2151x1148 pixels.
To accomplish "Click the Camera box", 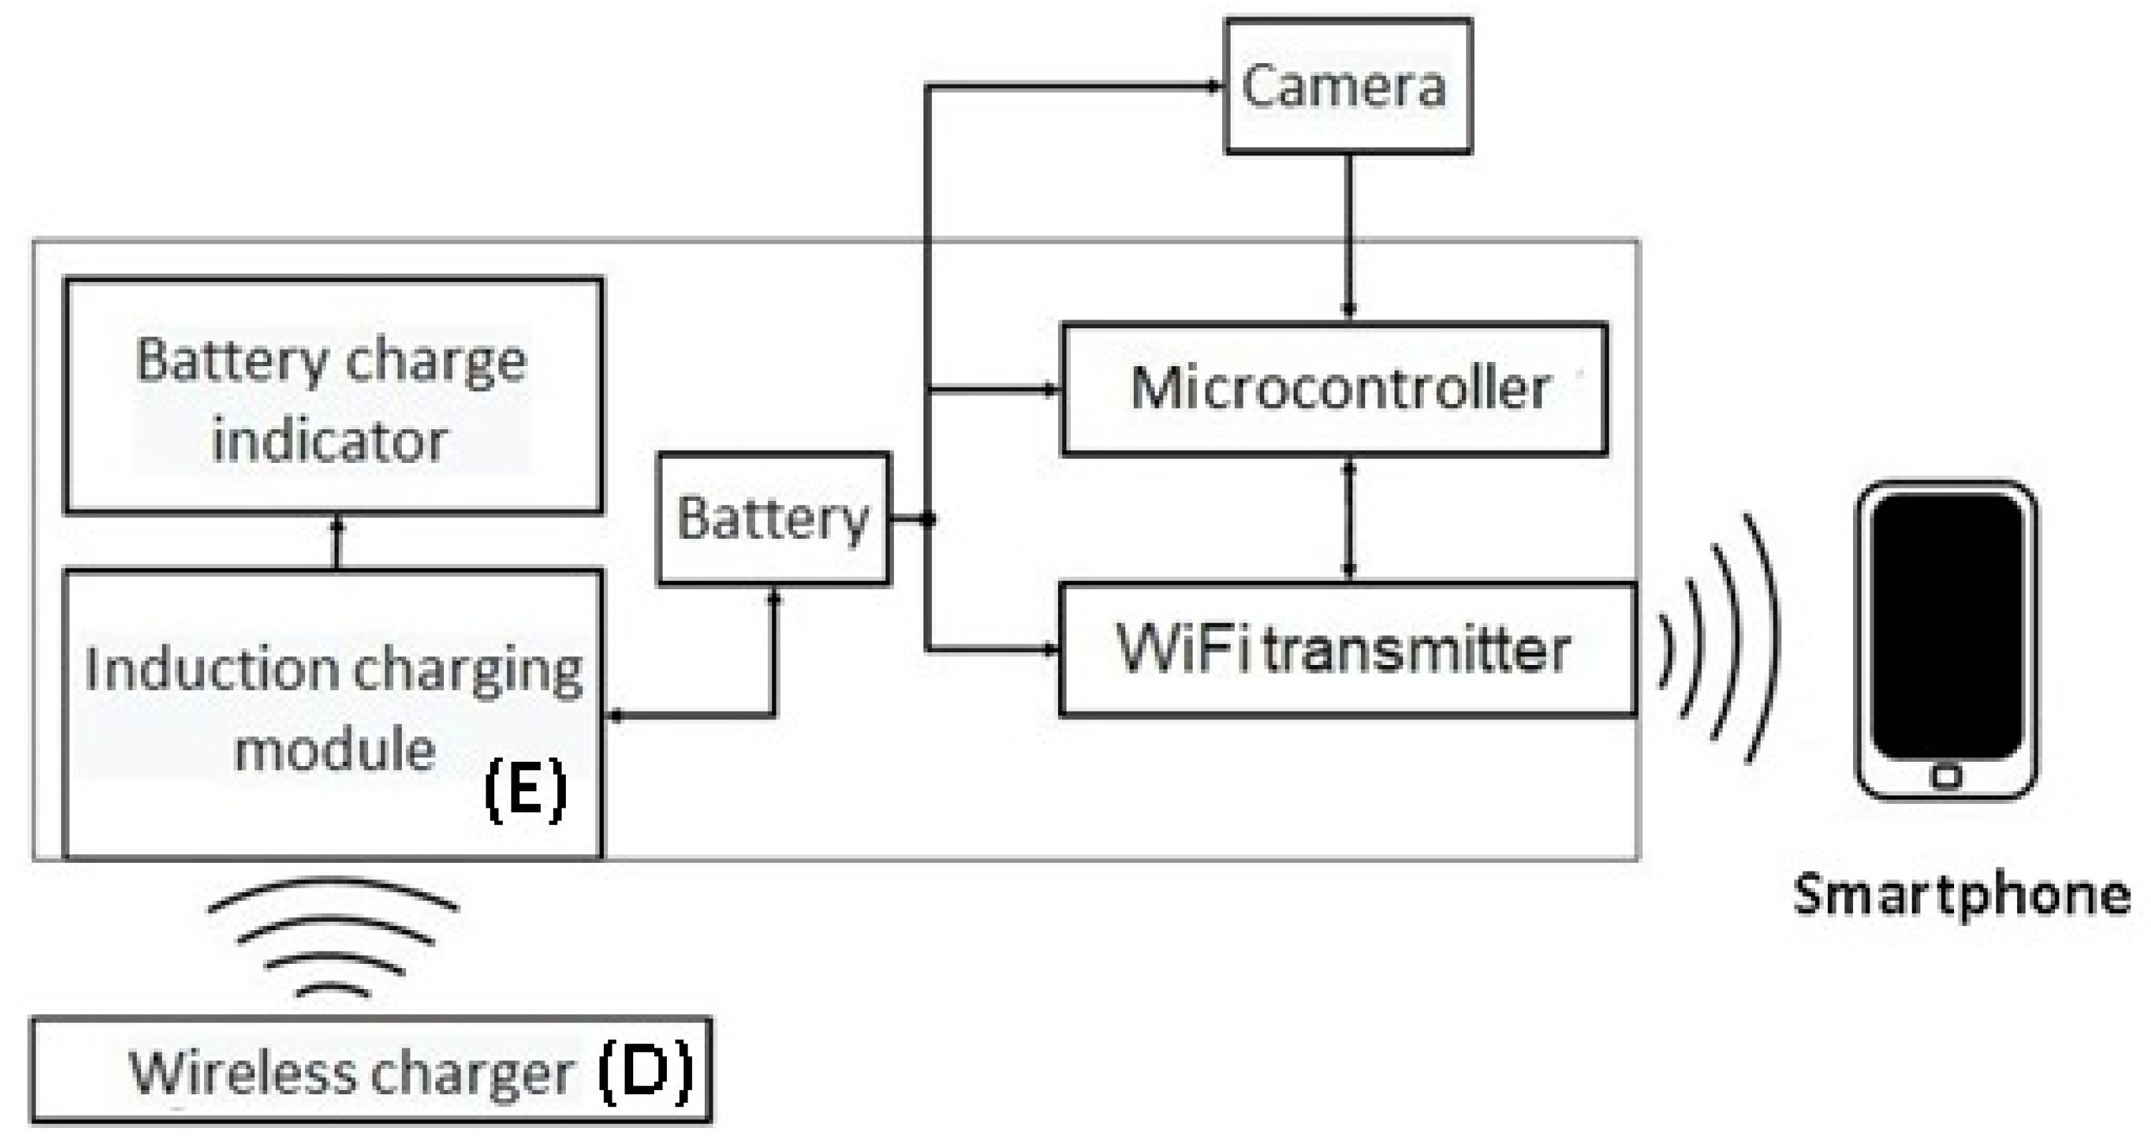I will [1347, 86].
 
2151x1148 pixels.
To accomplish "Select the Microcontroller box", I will [1334, 389].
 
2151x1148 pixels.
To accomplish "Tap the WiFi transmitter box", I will [1346, 649].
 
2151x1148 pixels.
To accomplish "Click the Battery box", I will [773, 519].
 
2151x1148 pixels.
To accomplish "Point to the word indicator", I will [329, 440].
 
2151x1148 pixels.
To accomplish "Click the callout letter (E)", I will [525, 790].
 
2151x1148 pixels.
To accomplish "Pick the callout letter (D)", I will [645, 1071].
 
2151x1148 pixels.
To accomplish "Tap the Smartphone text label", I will [1961, 896].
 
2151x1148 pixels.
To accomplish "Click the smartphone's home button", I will [1946, 777].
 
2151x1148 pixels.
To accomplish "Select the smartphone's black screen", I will [1946, 626].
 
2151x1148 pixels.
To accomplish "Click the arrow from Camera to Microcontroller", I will [1348, 234].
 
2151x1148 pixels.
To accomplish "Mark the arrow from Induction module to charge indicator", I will [337, 543].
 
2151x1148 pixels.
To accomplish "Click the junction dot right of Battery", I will [927, 520].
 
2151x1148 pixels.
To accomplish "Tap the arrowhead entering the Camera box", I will [1215, 85].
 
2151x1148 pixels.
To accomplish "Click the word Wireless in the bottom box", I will [241, 1072].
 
